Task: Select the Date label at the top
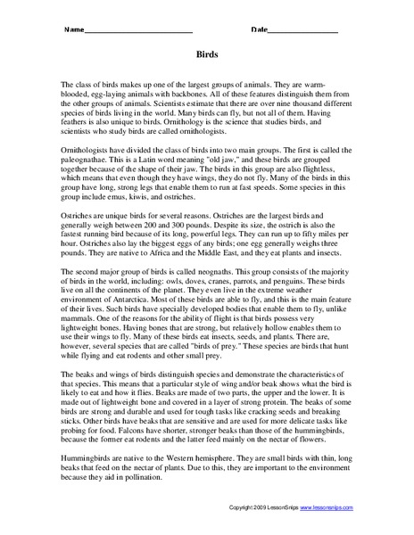tap(259, 30)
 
